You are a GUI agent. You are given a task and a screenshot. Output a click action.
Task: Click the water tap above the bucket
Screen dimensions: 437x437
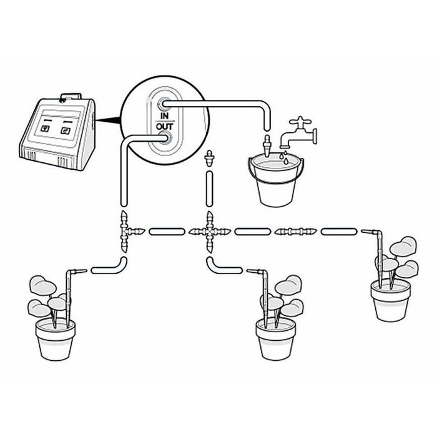302,129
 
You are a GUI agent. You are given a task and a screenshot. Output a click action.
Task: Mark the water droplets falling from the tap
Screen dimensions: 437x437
283,156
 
